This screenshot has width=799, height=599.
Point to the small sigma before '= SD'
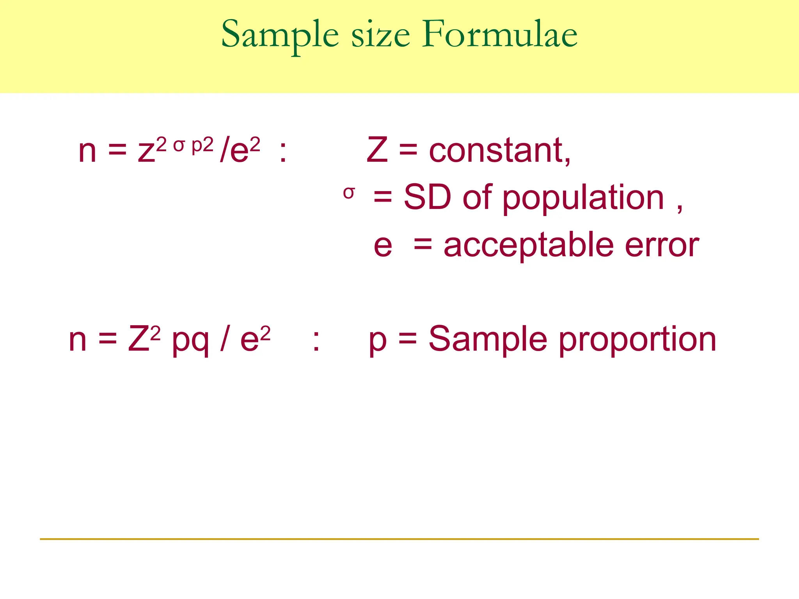click(x=349, y=193)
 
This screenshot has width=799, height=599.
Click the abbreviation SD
click(x=427, y=197)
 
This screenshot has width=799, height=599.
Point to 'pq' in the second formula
click(x=190, y=342)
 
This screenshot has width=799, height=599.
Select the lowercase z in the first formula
click(x=146, y=152)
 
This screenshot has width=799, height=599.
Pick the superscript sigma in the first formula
click(x=178, y=145)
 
